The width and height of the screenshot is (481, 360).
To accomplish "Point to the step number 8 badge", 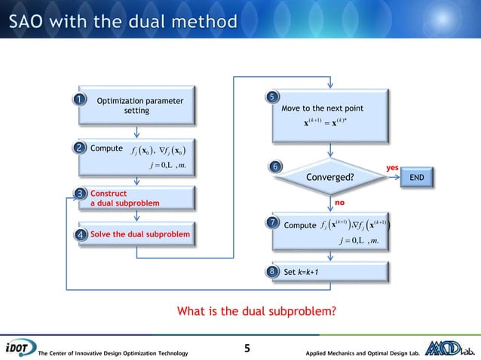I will coord(275,271).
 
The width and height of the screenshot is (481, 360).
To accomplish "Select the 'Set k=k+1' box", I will coord(332,271).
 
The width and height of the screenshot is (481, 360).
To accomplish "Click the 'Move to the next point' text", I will coord(322,108).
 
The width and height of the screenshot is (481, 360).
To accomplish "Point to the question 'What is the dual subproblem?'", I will coord(256,310).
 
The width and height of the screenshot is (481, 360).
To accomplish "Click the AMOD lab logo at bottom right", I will coord(452,348).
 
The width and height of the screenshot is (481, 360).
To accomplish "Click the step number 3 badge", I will coord(81,196).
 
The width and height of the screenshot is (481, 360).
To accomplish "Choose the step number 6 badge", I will coord(275,166).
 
